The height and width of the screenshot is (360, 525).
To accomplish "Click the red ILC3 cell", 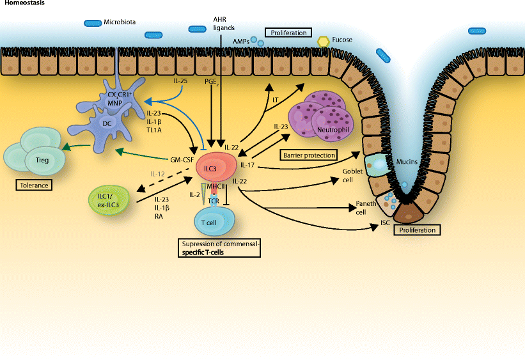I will point(217,168).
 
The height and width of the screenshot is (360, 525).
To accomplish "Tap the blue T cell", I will point(214,221).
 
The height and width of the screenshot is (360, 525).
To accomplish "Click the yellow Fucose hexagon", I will point(324,42).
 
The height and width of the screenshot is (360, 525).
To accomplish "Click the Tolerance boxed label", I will point(34,185).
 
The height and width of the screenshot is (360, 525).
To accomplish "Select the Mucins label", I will point(407,162).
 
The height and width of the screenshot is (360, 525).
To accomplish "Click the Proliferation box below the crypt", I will point(417,230).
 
